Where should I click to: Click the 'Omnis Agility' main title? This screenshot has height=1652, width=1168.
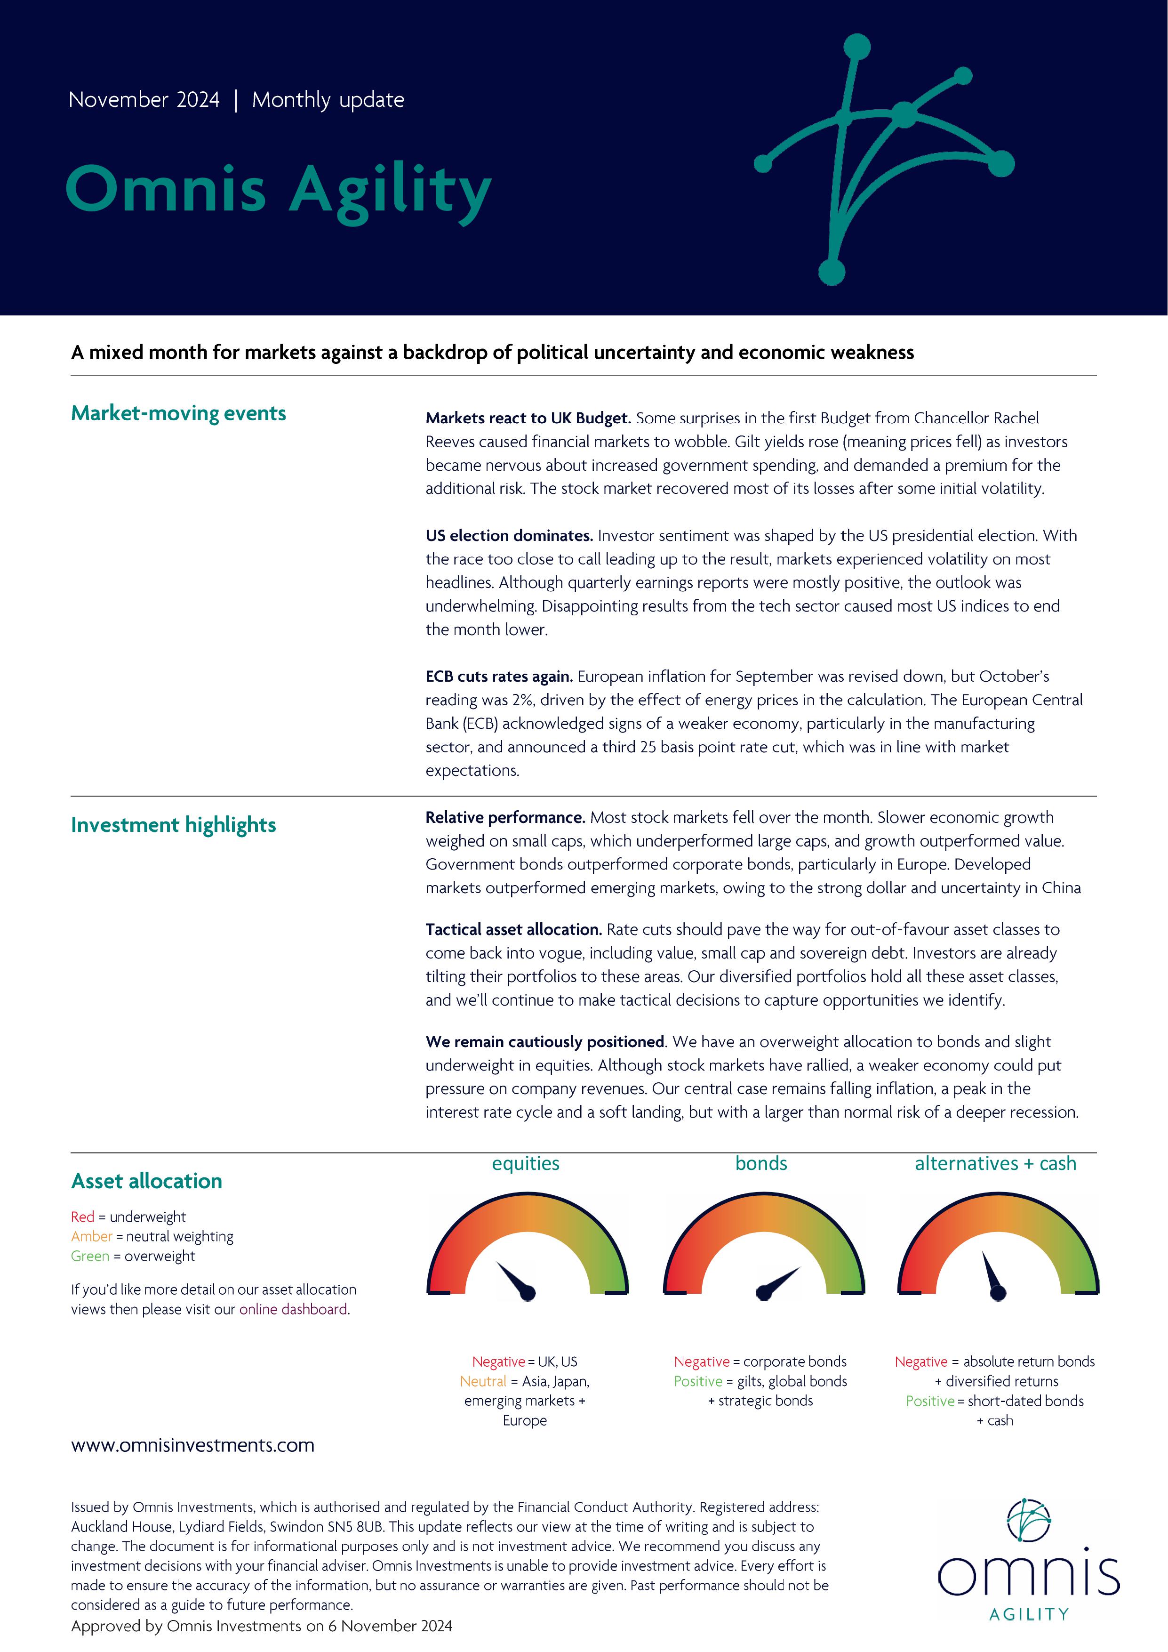tap(278, 190)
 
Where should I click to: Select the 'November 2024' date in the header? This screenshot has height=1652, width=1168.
tap(144, 99)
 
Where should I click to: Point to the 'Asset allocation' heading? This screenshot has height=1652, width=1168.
tap(147, 1181)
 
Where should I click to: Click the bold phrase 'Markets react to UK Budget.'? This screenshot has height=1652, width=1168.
tap(528, 418)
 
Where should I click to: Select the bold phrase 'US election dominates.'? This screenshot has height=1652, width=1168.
tap(509, 535)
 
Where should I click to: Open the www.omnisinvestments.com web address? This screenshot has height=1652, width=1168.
tap(193, 1445)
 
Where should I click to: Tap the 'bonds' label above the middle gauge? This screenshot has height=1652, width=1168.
tap(761, 1163)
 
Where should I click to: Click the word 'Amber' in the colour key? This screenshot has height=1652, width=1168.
tap(91, 1236)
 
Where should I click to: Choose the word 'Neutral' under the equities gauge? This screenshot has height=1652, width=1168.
tap(483, 1381)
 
